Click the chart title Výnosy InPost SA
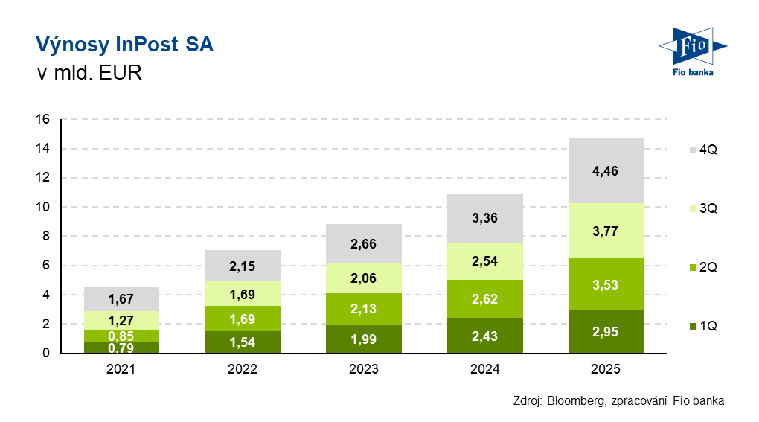coord(124,45)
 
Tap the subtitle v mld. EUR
coord(89,74)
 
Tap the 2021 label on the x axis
coord(121,369)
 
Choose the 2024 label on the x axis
coord(484,369)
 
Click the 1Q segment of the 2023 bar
coord(364,339)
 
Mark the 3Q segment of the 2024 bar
coord(484,261)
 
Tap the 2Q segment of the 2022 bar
coord(243,319)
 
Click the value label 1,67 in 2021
coord(121,299)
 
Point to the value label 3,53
coord(606,285)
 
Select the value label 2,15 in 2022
coord(243,266)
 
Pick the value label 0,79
coord(121,347)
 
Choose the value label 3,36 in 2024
coord(484,218)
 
